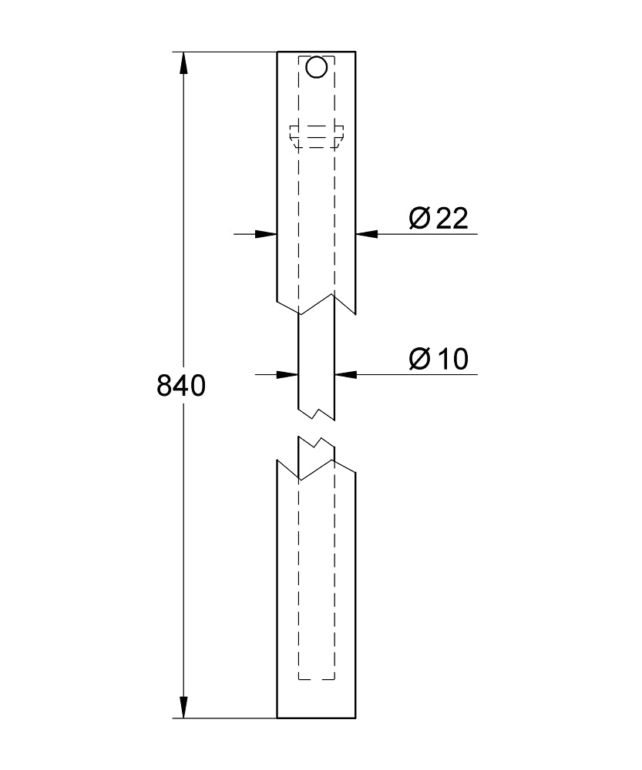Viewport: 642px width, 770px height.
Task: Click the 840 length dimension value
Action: coord(181,386)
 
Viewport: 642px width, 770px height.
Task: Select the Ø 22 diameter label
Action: coord(439,219)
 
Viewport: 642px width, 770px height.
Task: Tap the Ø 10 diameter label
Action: coord(439,359)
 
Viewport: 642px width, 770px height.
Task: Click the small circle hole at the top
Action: coord(316,67)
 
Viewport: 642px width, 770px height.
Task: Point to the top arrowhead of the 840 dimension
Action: coord(183,63)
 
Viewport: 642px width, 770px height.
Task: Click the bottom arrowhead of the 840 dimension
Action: coord(183,707)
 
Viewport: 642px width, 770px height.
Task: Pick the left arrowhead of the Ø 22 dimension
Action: coord(266,234)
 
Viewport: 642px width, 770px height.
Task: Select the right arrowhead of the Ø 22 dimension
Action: coord(367,234)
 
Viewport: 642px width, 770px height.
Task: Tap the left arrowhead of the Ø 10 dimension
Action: coord(287,375)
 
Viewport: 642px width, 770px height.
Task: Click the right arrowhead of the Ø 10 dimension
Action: coord(345,375)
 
